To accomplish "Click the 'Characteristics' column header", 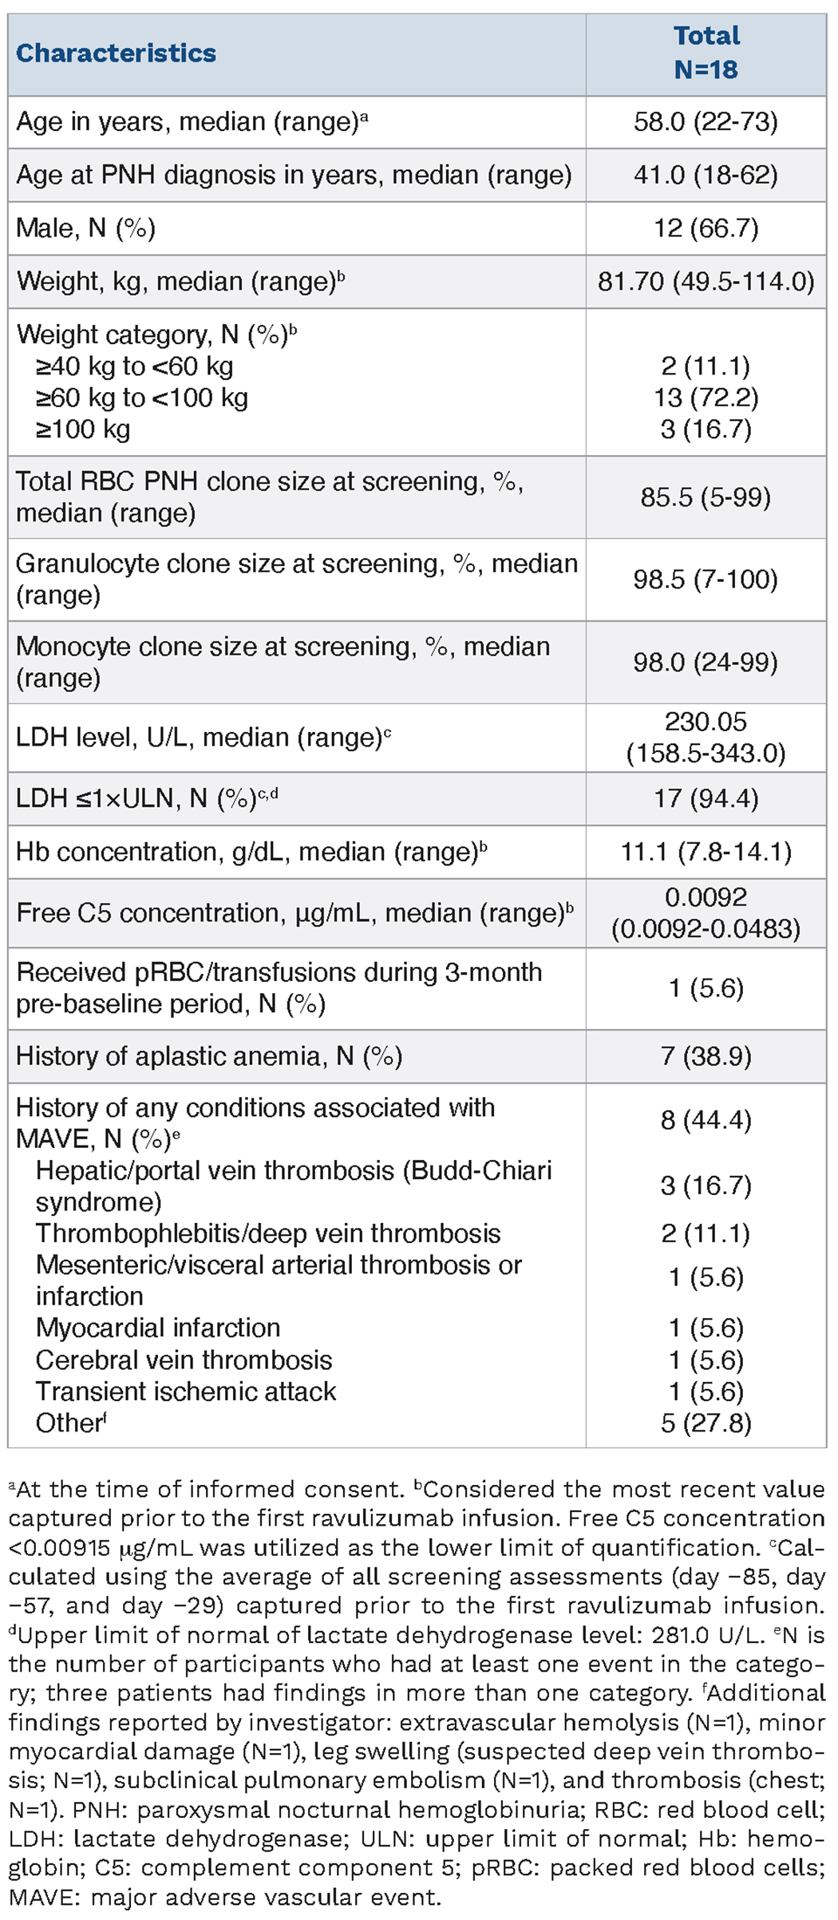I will (117, 53).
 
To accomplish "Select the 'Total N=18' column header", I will (706, 53).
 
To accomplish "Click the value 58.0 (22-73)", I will (706, 122).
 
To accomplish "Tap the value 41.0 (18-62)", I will (706, 175).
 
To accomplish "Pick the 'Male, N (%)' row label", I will (86, 228).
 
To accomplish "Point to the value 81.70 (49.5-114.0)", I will (706, 281).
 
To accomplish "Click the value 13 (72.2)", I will (706, 398).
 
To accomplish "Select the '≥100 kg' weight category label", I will (83, 430).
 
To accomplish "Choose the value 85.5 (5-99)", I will (706, 497).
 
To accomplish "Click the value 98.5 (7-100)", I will (706, 580).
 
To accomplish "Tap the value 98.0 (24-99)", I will (706, 663).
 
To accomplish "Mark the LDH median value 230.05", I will (706, 722).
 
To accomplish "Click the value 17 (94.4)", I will (706, 798).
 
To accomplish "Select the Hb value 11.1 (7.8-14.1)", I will (706, 852).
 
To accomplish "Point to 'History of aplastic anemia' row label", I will (209, 1056).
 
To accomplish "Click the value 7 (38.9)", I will (706, 1056).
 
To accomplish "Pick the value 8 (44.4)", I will (706, 1120).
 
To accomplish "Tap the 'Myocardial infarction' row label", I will (158, 1328).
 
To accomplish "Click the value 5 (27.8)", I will (706, 1423).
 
